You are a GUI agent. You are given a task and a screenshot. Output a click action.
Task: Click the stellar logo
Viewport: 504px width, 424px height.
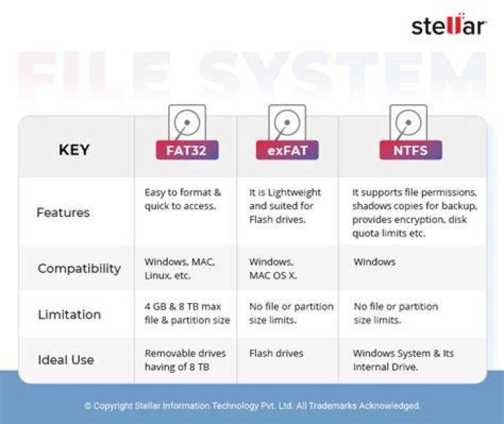[x=449, y=24]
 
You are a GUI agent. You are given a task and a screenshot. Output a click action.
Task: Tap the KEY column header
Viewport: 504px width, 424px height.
[x=74, y=150]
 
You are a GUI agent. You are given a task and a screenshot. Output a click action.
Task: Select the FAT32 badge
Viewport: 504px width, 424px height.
[x=187, y=150]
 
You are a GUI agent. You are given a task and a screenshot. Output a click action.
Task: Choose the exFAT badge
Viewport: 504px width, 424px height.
[x=287, y=150]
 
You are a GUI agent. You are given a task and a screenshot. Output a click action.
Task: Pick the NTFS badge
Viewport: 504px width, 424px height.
[x=410, y=150]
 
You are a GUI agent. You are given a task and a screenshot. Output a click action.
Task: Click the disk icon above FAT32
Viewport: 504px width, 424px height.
[x=187, y=122]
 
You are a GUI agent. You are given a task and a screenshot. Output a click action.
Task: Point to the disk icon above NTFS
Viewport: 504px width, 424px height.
[x=408, y=122]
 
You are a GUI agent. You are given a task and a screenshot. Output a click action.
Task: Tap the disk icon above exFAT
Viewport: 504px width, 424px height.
[x=287, y=122]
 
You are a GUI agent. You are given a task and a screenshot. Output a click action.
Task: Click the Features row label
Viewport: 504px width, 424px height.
[x=63, y=212]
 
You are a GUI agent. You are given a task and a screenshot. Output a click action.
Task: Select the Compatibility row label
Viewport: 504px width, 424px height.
[x=79, y=269]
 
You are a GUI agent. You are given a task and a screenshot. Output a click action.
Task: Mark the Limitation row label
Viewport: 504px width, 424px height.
[x=69, y=314]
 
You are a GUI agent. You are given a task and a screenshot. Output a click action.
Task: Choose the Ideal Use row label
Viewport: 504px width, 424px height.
[x=66, y=360]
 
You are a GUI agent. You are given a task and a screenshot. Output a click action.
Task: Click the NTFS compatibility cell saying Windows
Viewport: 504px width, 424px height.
[x=374, y=262]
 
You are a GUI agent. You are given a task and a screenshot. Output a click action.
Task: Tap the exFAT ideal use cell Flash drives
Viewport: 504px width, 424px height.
[x=276, y=353]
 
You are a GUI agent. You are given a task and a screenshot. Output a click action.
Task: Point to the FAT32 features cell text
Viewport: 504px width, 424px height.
[x=183, y=199]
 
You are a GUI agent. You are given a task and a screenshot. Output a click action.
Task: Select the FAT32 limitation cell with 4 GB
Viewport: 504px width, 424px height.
[x=187, y=313]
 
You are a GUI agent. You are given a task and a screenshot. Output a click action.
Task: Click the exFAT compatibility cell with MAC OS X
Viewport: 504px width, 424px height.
[x=273, y=269]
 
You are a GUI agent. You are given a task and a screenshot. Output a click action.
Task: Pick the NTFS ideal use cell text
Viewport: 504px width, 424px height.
[x=403, y=360]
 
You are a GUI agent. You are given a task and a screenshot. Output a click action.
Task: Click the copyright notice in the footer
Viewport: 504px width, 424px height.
[x=252, y=406]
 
